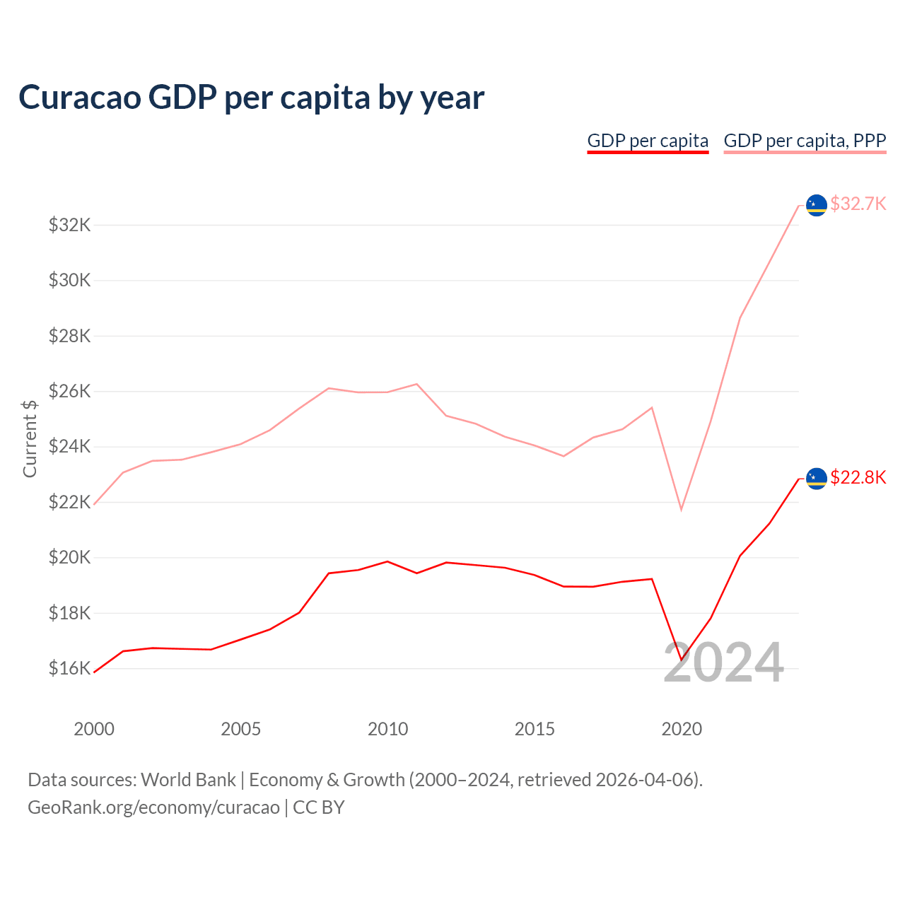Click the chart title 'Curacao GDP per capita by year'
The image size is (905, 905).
pyautogui.click(x=251, y=98)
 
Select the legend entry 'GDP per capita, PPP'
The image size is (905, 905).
pyautogui.click(x=805, y=141)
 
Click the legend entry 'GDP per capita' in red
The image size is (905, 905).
pyautogui.click(x=648, y=141)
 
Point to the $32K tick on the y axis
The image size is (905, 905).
pyautogui.click(x=69, y=225)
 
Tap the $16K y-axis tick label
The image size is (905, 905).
pyautogui.click(x=69, y=668)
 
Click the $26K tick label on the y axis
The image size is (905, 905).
pyautogui.click(x=69, y=391)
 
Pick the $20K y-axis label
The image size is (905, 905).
pyautogui.click(x=69, y=557)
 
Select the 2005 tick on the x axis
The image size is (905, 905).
pyautogui.click(x=240, y=729)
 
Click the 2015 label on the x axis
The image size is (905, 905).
pyautogui.click(x=535, y=729)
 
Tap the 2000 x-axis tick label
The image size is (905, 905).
pyautogui.click(x=94, y=729)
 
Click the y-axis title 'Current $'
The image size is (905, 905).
pyautogui.click(x=30, y=438)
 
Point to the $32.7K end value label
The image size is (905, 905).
pyautogui.click(x=858, y=204)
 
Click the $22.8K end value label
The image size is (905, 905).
pyautogui.click(x=858, y=478)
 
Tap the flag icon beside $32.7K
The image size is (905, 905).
pyautogui.click(x=817, y=205)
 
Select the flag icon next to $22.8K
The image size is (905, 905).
pyautogui.click(x=817, y=479)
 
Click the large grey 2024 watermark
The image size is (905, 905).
pyautogui.click(x=723, y=663)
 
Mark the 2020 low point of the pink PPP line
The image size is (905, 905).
pyautogui.click(x=682, y=509)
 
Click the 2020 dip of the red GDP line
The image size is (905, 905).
pyautogui.click(x=682, y=660)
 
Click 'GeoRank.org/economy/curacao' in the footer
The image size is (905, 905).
pyautogui.click(x=153, y=807)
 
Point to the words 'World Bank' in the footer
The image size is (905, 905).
pyautogui.click(x=188, y=780)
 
